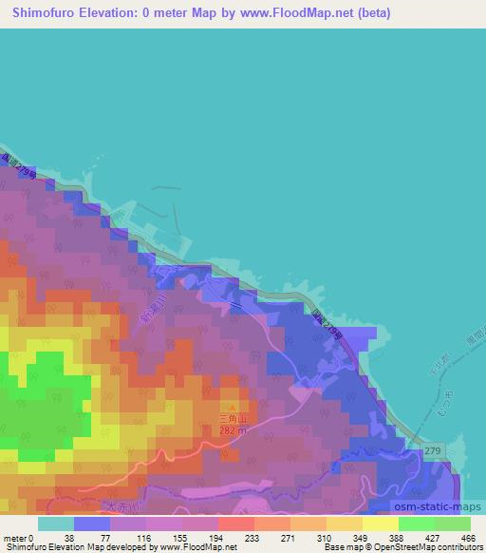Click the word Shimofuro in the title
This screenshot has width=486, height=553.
[39, 14]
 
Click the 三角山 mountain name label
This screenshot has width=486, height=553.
[232, 418]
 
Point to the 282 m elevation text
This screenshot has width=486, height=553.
[234, 429]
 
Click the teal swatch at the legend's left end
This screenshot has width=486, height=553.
[55, 524]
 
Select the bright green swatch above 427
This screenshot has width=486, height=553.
[416, 524]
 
